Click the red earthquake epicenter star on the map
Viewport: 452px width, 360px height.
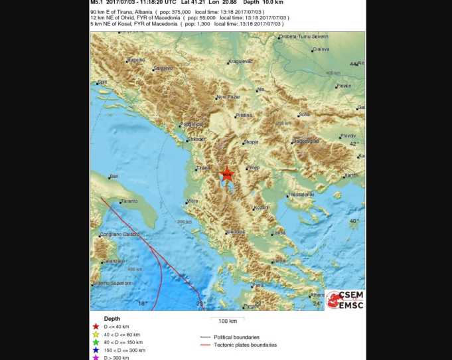[x=227, y=174]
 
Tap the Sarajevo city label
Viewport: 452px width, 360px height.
[x=163, y=68]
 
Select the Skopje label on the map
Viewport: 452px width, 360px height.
[x=251, y=141]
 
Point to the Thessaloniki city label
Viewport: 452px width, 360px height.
[x=300, y=195]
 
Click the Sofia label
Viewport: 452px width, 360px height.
[x=304, y=114]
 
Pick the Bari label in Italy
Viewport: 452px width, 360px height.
[x=113, y=176]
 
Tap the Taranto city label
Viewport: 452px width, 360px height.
[x=129, y=201]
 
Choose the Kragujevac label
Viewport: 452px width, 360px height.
[x=240, y=61]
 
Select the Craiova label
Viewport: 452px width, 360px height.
[x=321, y=49]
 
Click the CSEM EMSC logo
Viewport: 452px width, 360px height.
[x=344, y=300]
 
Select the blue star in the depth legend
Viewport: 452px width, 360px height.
[x=96, y=350]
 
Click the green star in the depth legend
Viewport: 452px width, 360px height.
[x=96, y=342]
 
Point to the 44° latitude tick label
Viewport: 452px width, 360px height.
[x=353, y=64]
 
